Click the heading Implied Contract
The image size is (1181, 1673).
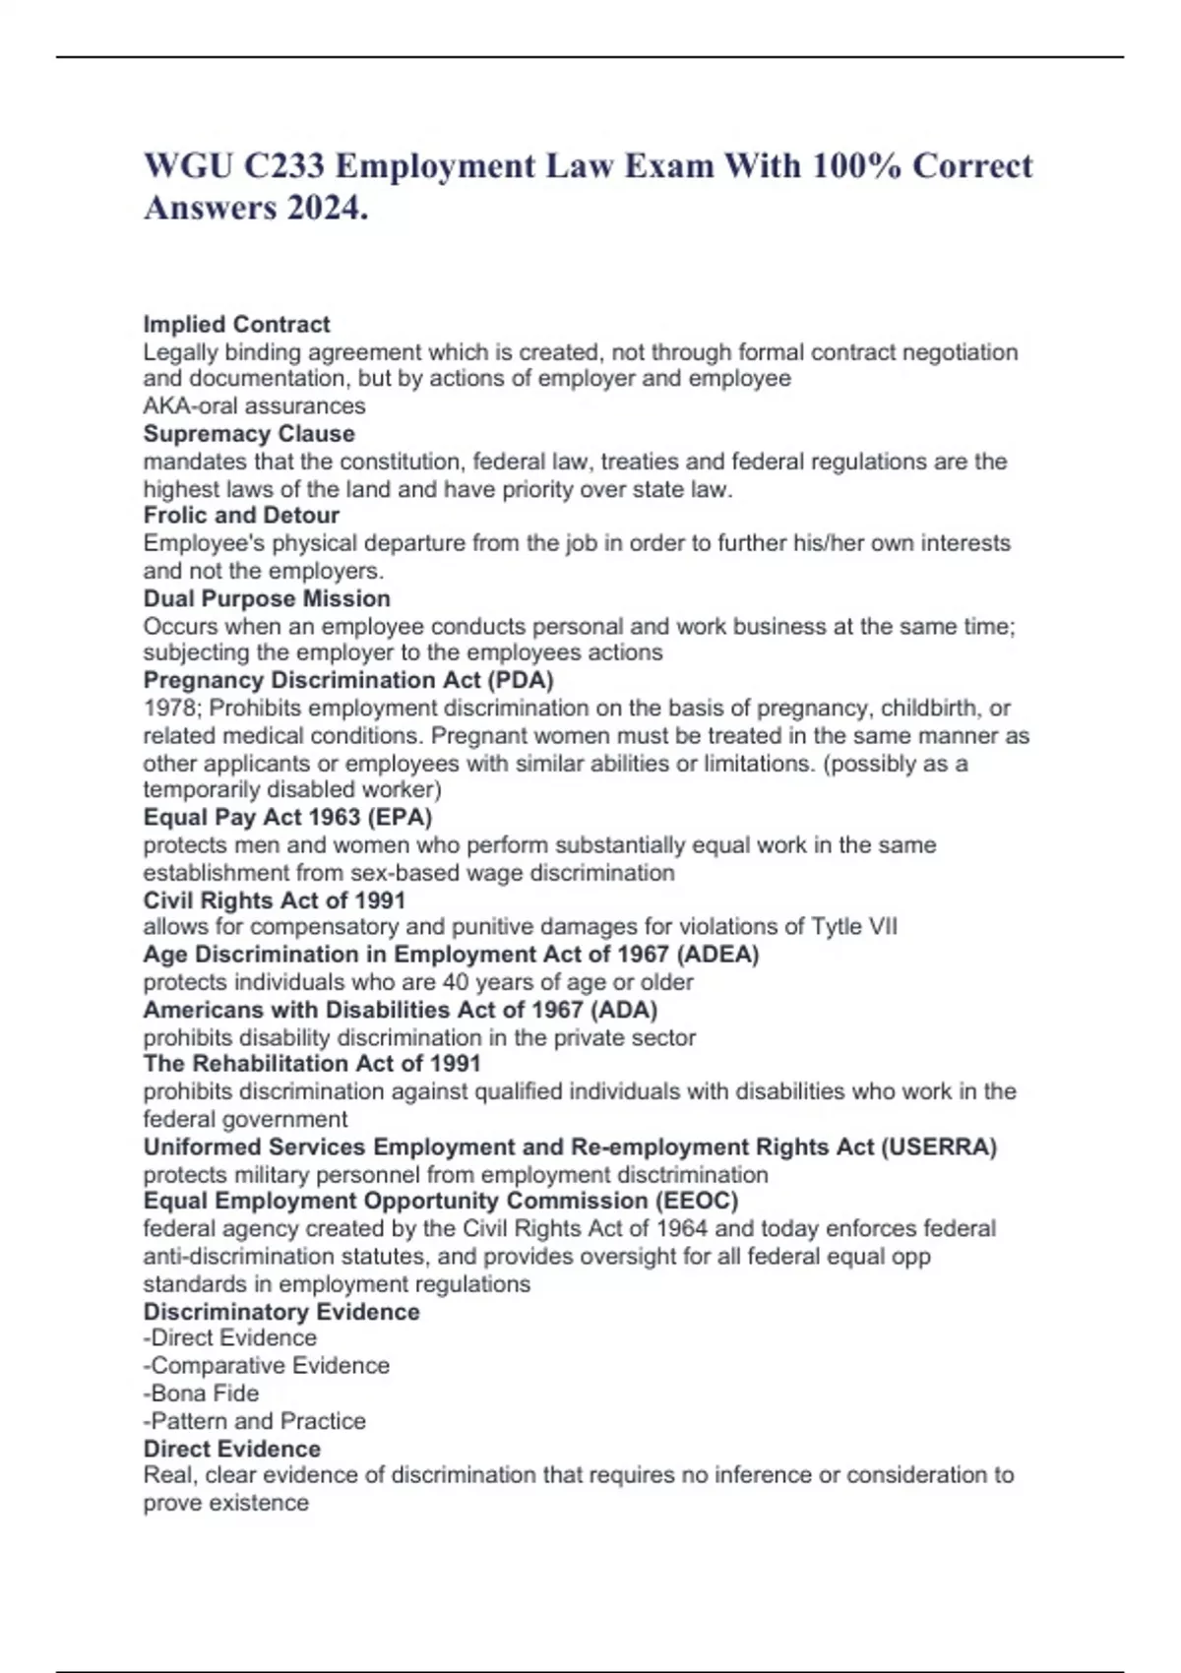point(236,324)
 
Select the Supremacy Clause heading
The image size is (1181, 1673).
point(249,433)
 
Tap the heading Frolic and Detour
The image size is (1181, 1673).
point(241,515)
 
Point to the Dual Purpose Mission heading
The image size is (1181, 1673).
point(267,598)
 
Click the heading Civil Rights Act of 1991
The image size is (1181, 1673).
point(274,899)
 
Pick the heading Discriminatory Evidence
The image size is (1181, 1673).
point(281,1312)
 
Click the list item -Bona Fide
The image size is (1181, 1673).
point(201,1394)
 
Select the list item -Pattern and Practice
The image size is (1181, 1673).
point(254,1421)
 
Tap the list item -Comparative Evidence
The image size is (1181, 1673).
point(266,1366)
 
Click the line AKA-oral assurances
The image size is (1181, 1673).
point(254,405)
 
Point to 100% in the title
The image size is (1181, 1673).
point(856,165)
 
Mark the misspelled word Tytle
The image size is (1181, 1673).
point(836,926)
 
